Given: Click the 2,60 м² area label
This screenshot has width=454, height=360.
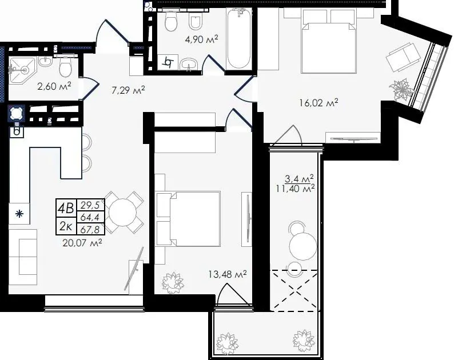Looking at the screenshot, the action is (x=54, y=86).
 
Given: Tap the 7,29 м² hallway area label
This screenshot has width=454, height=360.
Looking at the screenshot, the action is (x=128, y=91).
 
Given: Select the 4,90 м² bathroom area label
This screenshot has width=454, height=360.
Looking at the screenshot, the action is (x=201, y=39).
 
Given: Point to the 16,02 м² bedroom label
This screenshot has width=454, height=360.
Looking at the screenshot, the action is (x=319, y=102).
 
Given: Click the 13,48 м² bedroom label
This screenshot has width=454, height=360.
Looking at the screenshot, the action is (x=228, y=274).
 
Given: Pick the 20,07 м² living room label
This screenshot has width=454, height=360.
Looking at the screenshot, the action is (x=82, y=242).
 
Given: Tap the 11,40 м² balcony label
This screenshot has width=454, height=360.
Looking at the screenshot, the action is (x=295, y=189).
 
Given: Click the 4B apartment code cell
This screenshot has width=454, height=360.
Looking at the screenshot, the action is (x=66, y=208).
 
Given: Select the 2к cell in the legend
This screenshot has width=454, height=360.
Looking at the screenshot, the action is (x=66, y=226).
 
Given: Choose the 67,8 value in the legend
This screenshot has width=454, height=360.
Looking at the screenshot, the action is (x=90, y=230).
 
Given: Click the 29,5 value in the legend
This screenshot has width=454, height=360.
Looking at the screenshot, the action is (x=90, y=205).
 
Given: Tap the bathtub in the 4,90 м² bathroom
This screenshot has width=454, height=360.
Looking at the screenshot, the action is (x=238, y=38).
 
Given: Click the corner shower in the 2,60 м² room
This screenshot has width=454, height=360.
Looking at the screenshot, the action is (x=22, y=70).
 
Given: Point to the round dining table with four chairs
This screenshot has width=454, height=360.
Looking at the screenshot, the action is (x=122, y=213).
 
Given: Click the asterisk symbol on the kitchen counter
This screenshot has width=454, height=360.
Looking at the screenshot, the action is (x=19, y=214).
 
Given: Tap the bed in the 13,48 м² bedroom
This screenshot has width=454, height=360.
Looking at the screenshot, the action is (x=188, y=219).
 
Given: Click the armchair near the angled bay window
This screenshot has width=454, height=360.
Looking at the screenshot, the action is (x=403, y=58).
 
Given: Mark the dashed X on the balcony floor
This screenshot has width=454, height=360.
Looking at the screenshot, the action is (x=294, y=290).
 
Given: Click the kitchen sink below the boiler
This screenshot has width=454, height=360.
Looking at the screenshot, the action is (x=17, y=131).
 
